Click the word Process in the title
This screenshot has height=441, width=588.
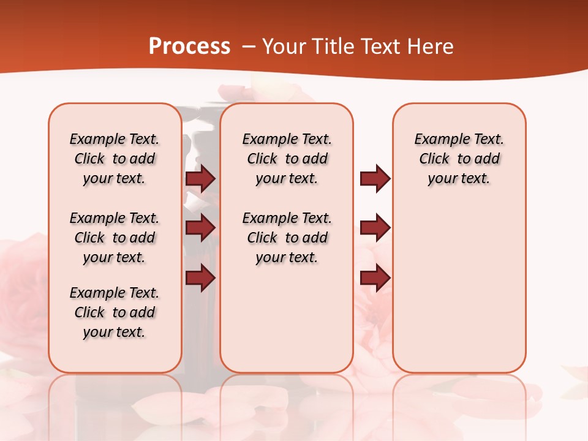point(189,47)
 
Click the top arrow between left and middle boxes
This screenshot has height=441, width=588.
point(200,178)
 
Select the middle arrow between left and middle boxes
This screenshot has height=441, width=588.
point(200,228)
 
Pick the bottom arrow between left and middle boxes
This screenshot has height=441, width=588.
point(200,277)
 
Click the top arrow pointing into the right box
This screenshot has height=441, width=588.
point(375,178)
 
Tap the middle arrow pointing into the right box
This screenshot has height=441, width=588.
point(375,228)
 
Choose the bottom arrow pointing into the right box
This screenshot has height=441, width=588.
point(375,277)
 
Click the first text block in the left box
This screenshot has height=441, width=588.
point(115,159)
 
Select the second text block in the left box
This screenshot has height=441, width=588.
point(115,238)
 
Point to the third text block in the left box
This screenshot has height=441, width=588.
point(115,312)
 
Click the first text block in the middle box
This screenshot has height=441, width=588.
point(287,159)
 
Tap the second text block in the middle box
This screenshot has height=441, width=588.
point(287,238)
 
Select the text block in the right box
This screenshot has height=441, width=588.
point(459,159)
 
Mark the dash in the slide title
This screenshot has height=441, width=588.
point(248,47)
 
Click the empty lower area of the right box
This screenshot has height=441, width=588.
point(459,288)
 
